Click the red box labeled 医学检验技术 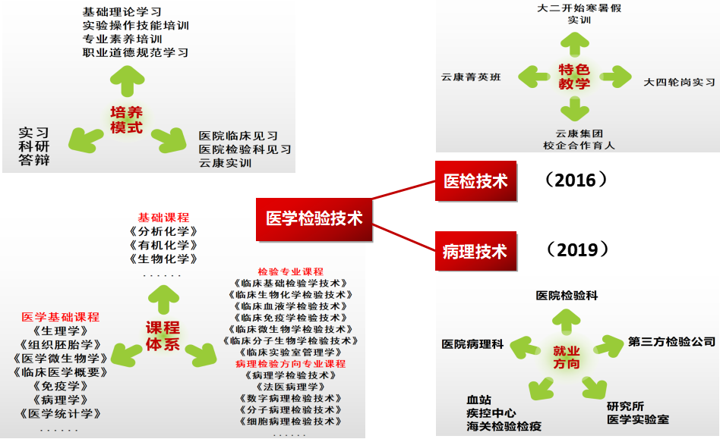(x=314, y=218)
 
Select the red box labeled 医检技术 (x=475, y=181)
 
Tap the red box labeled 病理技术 (x=475, y=251)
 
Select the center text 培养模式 (x=126, y=120)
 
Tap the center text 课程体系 (x=163, y=336)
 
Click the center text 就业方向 (x=566, y=357)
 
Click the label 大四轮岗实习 (x=679, y=81)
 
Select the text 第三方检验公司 (x=671, y=342)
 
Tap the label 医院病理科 (x=472, y=344)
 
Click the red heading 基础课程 (x=163, y=218)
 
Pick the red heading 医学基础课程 (x=61, y=317)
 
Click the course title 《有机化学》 (x=163, y=245)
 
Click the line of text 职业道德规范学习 (x=135, y=52)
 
